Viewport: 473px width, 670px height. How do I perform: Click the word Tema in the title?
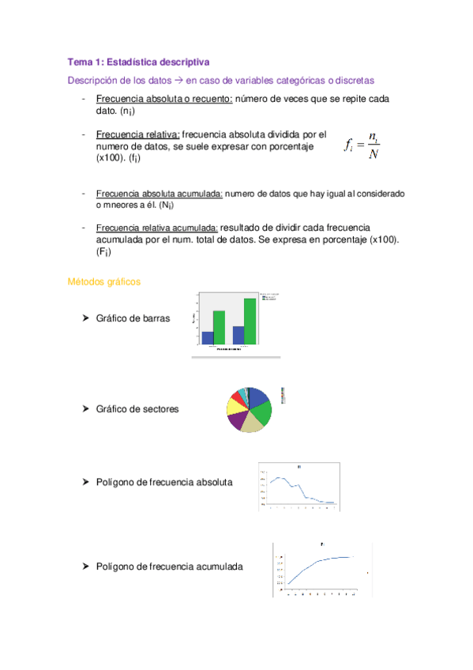click(81, 61)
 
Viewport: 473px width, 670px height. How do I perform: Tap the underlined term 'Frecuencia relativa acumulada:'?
click(157, 228)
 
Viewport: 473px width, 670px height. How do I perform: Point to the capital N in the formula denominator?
click(374, 154)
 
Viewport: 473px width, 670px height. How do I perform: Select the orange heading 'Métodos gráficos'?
click(104, 281)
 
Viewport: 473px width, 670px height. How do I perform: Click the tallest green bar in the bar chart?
click(250, 322)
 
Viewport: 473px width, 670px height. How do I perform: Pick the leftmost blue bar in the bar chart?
click(208, 337)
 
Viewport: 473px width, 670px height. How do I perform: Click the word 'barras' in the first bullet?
click(154, 318)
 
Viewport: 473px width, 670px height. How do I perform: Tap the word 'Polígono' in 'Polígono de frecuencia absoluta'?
click(116, 481)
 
